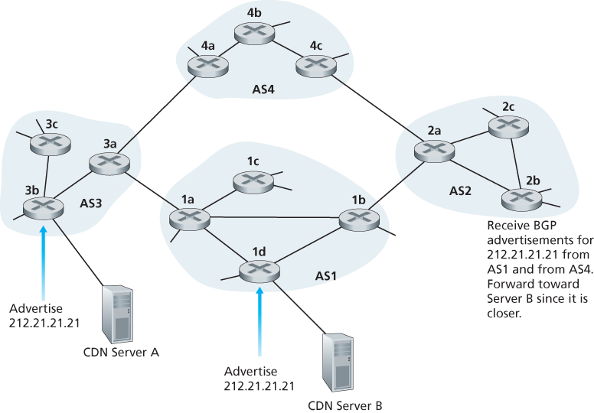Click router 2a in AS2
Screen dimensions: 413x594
click(429, 150)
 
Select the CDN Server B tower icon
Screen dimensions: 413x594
click(339, 365)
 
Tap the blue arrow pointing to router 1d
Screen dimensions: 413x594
click(259, 321)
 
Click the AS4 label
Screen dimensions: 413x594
click(264, 89)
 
